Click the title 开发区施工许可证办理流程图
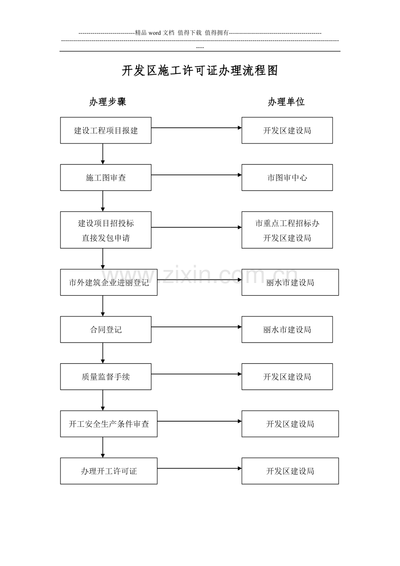click(x=200, y=70)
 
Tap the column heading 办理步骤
click(x=108, y=102)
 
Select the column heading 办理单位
click(x=286, y=102)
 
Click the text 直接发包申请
click(x=106, y=238)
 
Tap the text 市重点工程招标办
click(x=287, y=223)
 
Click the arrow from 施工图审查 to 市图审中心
click(x=197, y=175)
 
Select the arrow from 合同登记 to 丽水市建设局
click(x=197, y=327)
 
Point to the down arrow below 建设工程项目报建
click(x=103, y=154)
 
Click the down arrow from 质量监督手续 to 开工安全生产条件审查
click(x=103, y=400)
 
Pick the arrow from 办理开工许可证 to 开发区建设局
click(x=200, y=469)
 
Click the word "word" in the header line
click(x=155, y=33)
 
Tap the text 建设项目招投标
click(x=106, y=223)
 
